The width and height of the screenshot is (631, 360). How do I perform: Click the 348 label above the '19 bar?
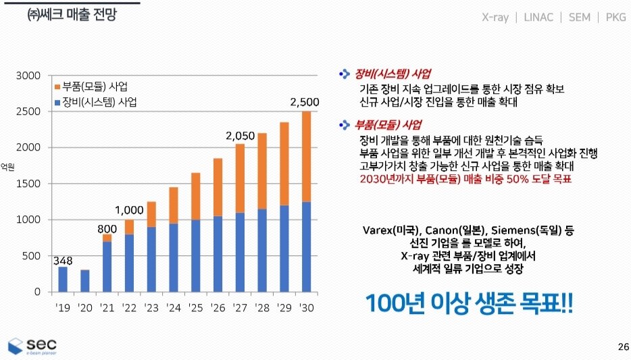(x=62, y=260)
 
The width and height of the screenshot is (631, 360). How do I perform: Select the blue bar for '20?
(x=84, y=281)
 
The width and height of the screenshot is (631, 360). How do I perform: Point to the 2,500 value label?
(x=305, y=103)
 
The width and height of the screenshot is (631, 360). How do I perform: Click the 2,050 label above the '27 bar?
(x=240, y=136)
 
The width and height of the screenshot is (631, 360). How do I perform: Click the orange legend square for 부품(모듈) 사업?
(x=56, y=87)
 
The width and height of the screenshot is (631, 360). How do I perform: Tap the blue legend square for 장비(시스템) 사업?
(x=56, y=103)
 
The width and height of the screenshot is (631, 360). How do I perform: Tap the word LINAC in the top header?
(x=538, y=18)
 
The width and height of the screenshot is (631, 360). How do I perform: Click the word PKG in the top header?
(x=615, y=18)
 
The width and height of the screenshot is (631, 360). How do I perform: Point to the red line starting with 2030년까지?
(x=465, y=180)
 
